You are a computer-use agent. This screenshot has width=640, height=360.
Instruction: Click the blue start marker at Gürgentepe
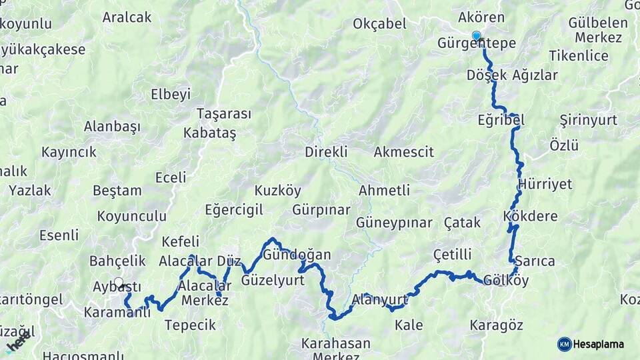coord(476,35)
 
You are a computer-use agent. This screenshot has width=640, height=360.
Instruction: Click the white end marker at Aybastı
coord(119,282)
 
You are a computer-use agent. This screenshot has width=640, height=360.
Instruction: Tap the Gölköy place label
coord(507,281)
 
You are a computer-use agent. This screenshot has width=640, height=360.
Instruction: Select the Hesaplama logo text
coord(599,344)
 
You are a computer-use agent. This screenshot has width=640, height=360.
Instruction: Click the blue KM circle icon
coord(564,344)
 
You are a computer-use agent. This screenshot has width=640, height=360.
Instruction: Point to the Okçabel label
coord(379,24)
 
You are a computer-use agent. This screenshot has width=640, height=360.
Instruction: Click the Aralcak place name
coord(127,17)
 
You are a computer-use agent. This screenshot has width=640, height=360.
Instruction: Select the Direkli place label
coord(326,151)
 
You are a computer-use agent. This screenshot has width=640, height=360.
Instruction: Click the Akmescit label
coord(403,151)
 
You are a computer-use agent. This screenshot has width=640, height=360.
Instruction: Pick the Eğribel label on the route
coord(501,120)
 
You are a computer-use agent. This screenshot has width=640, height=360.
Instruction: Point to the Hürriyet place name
coord(545,184)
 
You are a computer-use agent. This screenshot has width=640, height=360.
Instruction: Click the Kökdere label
coord(531,217)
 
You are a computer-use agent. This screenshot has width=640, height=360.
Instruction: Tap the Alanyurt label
coord(379,299)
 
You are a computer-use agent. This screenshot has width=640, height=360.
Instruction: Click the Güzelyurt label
coord(273,280)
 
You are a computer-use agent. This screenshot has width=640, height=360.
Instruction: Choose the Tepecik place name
coord(190,325)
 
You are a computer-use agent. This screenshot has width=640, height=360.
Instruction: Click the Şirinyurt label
coord(588,120)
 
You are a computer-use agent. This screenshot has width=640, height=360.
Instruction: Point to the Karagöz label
coord(496,325)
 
